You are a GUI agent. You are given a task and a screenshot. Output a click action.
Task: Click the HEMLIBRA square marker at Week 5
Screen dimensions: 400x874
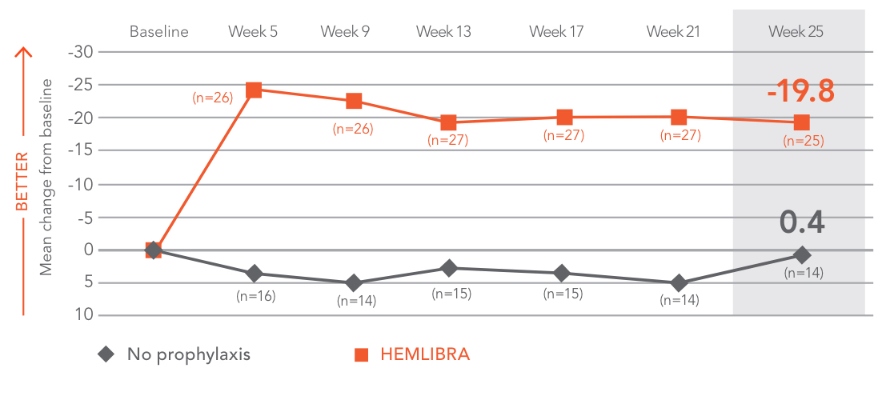coord(254,90)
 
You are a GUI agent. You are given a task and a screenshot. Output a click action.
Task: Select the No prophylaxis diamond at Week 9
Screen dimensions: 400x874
coord(353,283)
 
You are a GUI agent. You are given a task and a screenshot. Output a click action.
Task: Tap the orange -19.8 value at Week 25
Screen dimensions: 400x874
coord(800,91)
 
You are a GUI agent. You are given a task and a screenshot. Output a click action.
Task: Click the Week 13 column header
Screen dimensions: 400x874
coord(443,32)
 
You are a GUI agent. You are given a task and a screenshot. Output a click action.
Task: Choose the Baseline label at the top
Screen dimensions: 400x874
coord(159,32)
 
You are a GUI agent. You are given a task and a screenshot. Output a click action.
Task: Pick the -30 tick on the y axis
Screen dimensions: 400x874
coord(80,52)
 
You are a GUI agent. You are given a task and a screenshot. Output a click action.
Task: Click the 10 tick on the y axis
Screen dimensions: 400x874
coord(84,315)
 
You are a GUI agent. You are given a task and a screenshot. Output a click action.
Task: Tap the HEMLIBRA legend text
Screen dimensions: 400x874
coord(425,354)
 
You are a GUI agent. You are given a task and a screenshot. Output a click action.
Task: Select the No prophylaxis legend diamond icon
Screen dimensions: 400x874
coord(105,354)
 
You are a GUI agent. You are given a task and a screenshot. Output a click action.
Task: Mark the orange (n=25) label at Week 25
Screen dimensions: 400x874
coord(803,141)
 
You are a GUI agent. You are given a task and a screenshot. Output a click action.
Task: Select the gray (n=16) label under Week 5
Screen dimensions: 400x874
coord(255,296)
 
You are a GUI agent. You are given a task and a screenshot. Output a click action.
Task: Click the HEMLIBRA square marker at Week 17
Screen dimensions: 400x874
coord(564,118)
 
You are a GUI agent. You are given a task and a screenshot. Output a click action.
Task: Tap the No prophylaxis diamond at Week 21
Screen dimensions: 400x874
coord(680,283)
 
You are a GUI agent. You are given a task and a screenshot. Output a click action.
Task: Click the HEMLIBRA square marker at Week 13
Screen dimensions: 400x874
coord(448,122)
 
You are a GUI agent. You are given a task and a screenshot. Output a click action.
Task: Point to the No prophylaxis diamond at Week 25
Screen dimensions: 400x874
coord(802,255)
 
